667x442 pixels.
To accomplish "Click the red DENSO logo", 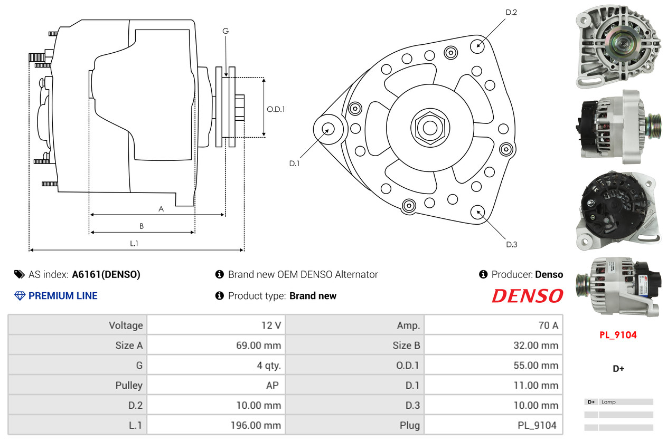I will (x=527, y=296).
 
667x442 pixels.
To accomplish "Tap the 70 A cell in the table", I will (x=548, y=325).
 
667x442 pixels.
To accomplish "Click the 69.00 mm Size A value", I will (x=258, y=345).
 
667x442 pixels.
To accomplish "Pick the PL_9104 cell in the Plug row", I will (x=537, y=425).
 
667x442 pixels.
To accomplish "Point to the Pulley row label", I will (x=129, y=385).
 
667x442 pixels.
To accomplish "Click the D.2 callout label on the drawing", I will (x=511, y=12).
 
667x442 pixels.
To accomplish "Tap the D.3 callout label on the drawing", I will (x=511, y=244).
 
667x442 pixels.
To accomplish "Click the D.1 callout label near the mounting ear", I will (x=294, y=164).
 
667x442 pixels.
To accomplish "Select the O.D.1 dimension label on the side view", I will (x=276, y=110).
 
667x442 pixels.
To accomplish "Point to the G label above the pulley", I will (x=226, y=31).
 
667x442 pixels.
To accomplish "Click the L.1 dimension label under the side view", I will (x=134, y=243).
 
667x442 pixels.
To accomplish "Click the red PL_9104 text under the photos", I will (x=618, y=335).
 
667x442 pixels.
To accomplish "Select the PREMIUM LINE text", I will (x=63, y=296).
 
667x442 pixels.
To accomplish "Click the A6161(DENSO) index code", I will (x=106, y=274).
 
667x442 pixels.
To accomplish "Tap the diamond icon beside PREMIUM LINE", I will (x=20, y=296).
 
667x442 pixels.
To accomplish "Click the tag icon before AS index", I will (x=20, y=274).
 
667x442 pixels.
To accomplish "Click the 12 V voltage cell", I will (x=271, y=325).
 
